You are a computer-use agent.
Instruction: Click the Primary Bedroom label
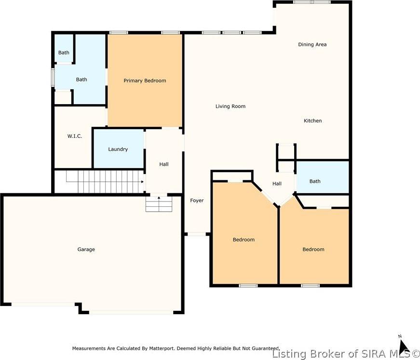145,80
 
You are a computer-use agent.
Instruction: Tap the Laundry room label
118,149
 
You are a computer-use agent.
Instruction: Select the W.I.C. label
75,136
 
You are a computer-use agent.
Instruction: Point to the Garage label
86,250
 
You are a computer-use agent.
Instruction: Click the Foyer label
197,200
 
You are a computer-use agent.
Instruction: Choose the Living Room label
230,106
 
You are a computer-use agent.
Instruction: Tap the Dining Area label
312,44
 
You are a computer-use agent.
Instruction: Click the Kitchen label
312,120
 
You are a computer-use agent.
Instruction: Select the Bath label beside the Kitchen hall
315,181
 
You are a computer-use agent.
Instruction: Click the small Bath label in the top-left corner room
64,53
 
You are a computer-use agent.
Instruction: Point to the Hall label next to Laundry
164,164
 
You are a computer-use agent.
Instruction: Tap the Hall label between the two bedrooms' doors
277,184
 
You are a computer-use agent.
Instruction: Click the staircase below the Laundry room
105,182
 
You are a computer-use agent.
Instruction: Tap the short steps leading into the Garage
159,204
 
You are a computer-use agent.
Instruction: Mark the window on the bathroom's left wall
53,77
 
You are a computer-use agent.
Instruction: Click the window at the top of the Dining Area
312,2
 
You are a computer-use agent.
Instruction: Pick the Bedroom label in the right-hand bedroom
313,250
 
